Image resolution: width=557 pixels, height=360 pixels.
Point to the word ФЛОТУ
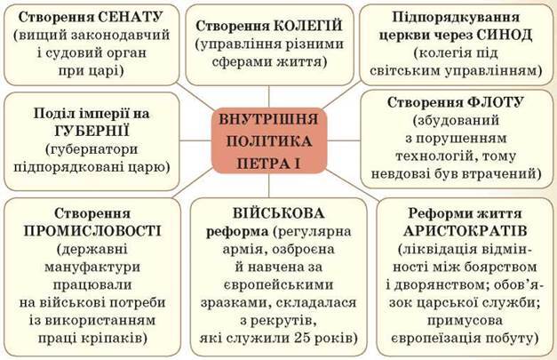[x=495, y=102]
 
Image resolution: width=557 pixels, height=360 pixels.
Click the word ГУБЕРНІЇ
[x=92, y=132]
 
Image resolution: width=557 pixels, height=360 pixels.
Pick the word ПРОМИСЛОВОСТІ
[x=92, y=231]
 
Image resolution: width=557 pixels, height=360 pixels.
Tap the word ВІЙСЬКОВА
[x=279, y=213]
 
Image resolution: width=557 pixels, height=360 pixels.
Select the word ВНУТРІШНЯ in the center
[x=269, y=119]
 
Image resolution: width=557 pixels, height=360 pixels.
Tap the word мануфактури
[x=92, y=268]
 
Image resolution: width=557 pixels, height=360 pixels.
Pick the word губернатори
[x=92, y=149]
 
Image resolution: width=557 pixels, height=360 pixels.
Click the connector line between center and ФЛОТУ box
[x=344, y=140]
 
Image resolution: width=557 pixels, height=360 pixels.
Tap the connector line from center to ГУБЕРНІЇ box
[x=195, y=140]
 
